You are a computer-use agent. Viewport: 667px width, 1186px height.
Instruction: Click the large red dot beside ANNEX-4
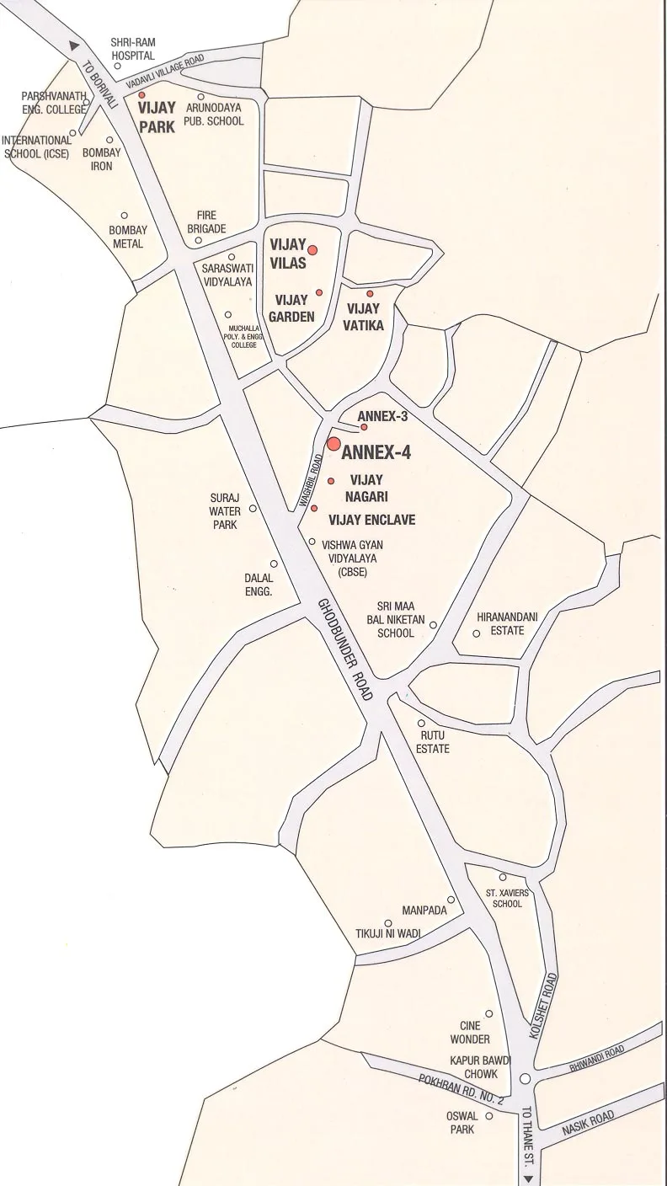(x=333, y=444)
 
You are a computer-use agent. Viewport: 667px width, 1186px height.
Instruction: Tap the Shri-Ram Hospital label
(x=133, y=49)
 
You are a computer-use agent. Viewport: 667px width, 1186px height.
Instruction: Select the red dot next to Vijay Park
(x=141, y=96)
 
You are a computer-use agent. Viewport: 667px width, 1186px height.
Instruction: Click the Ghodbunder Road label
(x=345, y=649)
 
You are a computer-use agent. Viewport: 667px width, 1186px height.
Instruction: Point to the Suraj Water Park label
(x=225, y=511)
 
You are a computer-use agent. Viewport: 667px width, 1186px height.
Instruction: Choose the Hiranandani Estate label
(x=507, y=623)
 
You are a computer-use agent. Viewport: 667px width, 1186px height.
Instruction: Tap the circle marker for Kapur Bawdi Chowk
(x=525, y=1078)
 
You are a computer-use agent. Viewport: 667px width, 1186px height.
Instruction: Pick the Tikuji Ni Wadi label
(x=387, y=932)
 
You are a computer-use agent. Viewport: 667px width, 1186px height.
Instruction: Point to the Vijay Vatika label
(x=365, y=317)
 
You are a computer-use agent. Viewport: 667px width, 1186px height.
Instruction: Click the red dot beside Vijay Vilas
(x=312, y=249)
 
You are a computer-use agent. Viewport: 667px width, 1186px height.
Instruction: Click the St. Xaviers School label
(x=504, y=897)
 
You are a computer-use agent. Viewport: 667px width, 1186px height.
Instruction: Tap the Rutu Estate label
(x=433, y=742)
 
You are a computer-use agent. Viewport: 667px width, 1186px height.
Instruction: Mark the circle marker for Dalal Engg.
(x=274, y=564)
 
